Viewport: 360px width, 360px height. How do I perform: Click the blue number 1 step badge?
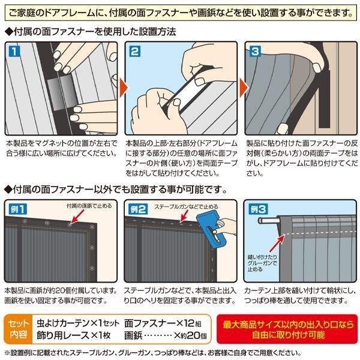(x=14, y=51)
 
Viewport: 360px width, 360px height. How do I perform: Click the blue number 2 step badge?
(x=134, y=51)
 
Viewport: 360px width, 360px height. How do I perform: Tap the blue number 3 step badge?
(x=255, y=51)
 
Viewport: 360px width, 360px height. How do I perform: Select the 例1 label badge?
(x=17, y=209)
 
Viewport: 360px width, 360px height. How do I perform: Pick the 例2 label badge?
(x=138, y=209)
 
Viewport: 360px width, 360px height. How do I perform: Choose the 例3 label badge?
(x=258, y=209)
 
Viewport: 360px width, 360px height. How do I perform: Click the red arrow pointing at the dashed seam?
(x=277, y=244)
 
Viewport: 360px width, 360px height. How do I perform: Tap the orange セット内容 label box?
(x=19, y=329)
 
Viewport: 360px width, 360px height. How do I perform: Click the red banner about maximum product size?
(x=287, y=329)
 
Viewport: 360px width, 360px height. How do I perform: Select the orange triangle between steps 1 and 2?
(x=123, y=88)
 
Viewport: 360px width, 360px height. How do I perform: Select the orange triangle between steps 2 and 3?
(x=244, y=88)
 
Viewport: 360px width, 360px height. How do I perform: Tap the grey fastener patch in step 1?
(x=62, y=93)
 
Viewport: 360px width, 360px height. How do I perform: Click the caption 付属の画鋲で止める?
(x=89, y=206)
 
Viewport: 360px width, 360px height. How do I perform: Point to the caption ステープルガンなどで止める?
(x=186, y=206)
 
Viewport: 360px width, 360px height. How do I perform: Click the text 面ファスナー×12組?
(x=163, y=323)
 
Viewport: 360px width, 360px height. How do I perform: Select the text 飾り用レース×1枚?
(x=73, y=335)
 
